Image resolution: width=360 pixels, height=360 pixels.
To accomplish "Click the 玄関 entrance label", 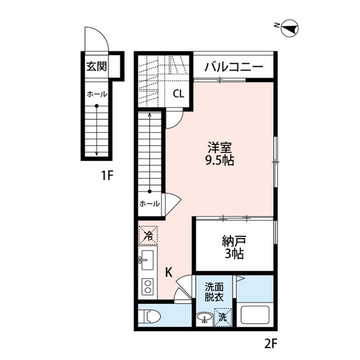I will (96, 66).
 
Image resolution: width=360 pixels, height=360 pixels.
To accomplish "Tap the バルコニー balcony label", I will (233, 66).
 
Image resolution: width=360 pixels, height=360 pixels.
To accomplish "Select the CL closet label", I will (178, 94).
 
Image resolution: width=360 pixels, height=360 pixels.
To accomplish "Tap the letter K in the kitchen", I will (168, 272).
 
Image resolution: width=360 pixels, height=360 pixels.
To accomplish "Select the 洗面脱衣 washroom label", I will (214, 290).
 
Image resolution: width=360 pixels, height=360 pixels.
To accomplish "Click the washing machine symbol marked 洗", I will (223, 317).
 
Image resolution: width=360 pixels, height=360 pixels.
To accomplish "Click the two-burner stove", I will (148, 286).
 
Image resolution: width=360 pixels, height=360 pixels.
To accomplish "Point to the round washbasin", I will (203, 318).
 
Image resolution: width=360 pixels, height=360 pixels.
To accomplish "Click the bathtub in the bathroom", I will (255, 315).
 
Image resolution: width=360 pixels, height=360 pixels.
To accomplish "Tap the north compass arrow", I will (290, 26).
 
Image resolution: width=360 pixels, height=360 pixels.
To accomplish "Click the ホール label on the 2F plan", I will (149, 204).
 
